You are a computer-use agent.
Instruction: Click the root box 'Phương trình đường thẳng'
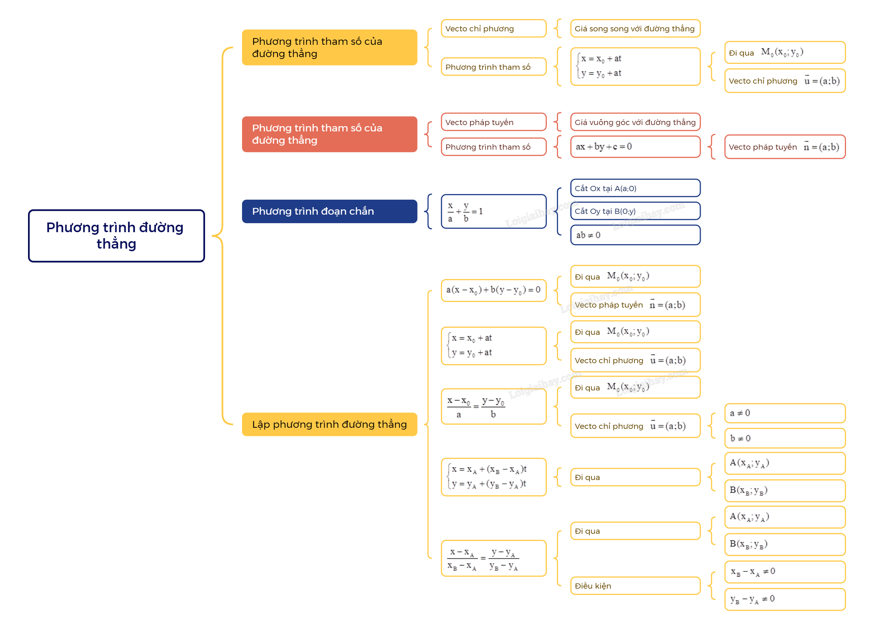[117, 236]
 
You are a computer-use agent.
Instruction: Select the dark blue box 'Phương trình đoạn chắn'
[330, 212]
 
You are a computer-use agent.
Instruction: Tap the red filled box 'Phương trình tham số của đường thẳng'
[330, 134]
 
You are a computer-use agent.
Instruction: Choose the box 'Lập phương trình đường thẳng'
[330, 424]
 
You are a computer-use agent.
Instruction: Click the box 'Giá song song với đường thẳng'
[636, 29]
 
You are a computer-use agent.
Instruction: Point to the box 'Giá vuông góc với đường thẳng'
[636, 122]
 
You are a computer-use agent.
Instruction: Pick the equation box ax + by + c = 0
[636, 147]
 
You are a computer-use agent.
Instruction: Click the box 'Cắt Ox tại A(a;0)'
[636, 188]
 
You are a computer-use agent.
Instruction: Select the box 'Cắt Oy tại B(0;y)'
[636, 211]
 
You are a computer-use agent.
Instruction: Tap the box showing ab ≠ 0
[636, 235]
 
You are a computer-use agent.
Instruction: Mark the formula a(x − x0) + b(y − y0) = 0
[494, 290]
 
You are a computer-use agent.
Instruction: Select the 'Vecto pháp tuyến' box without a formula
[494, 122]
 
